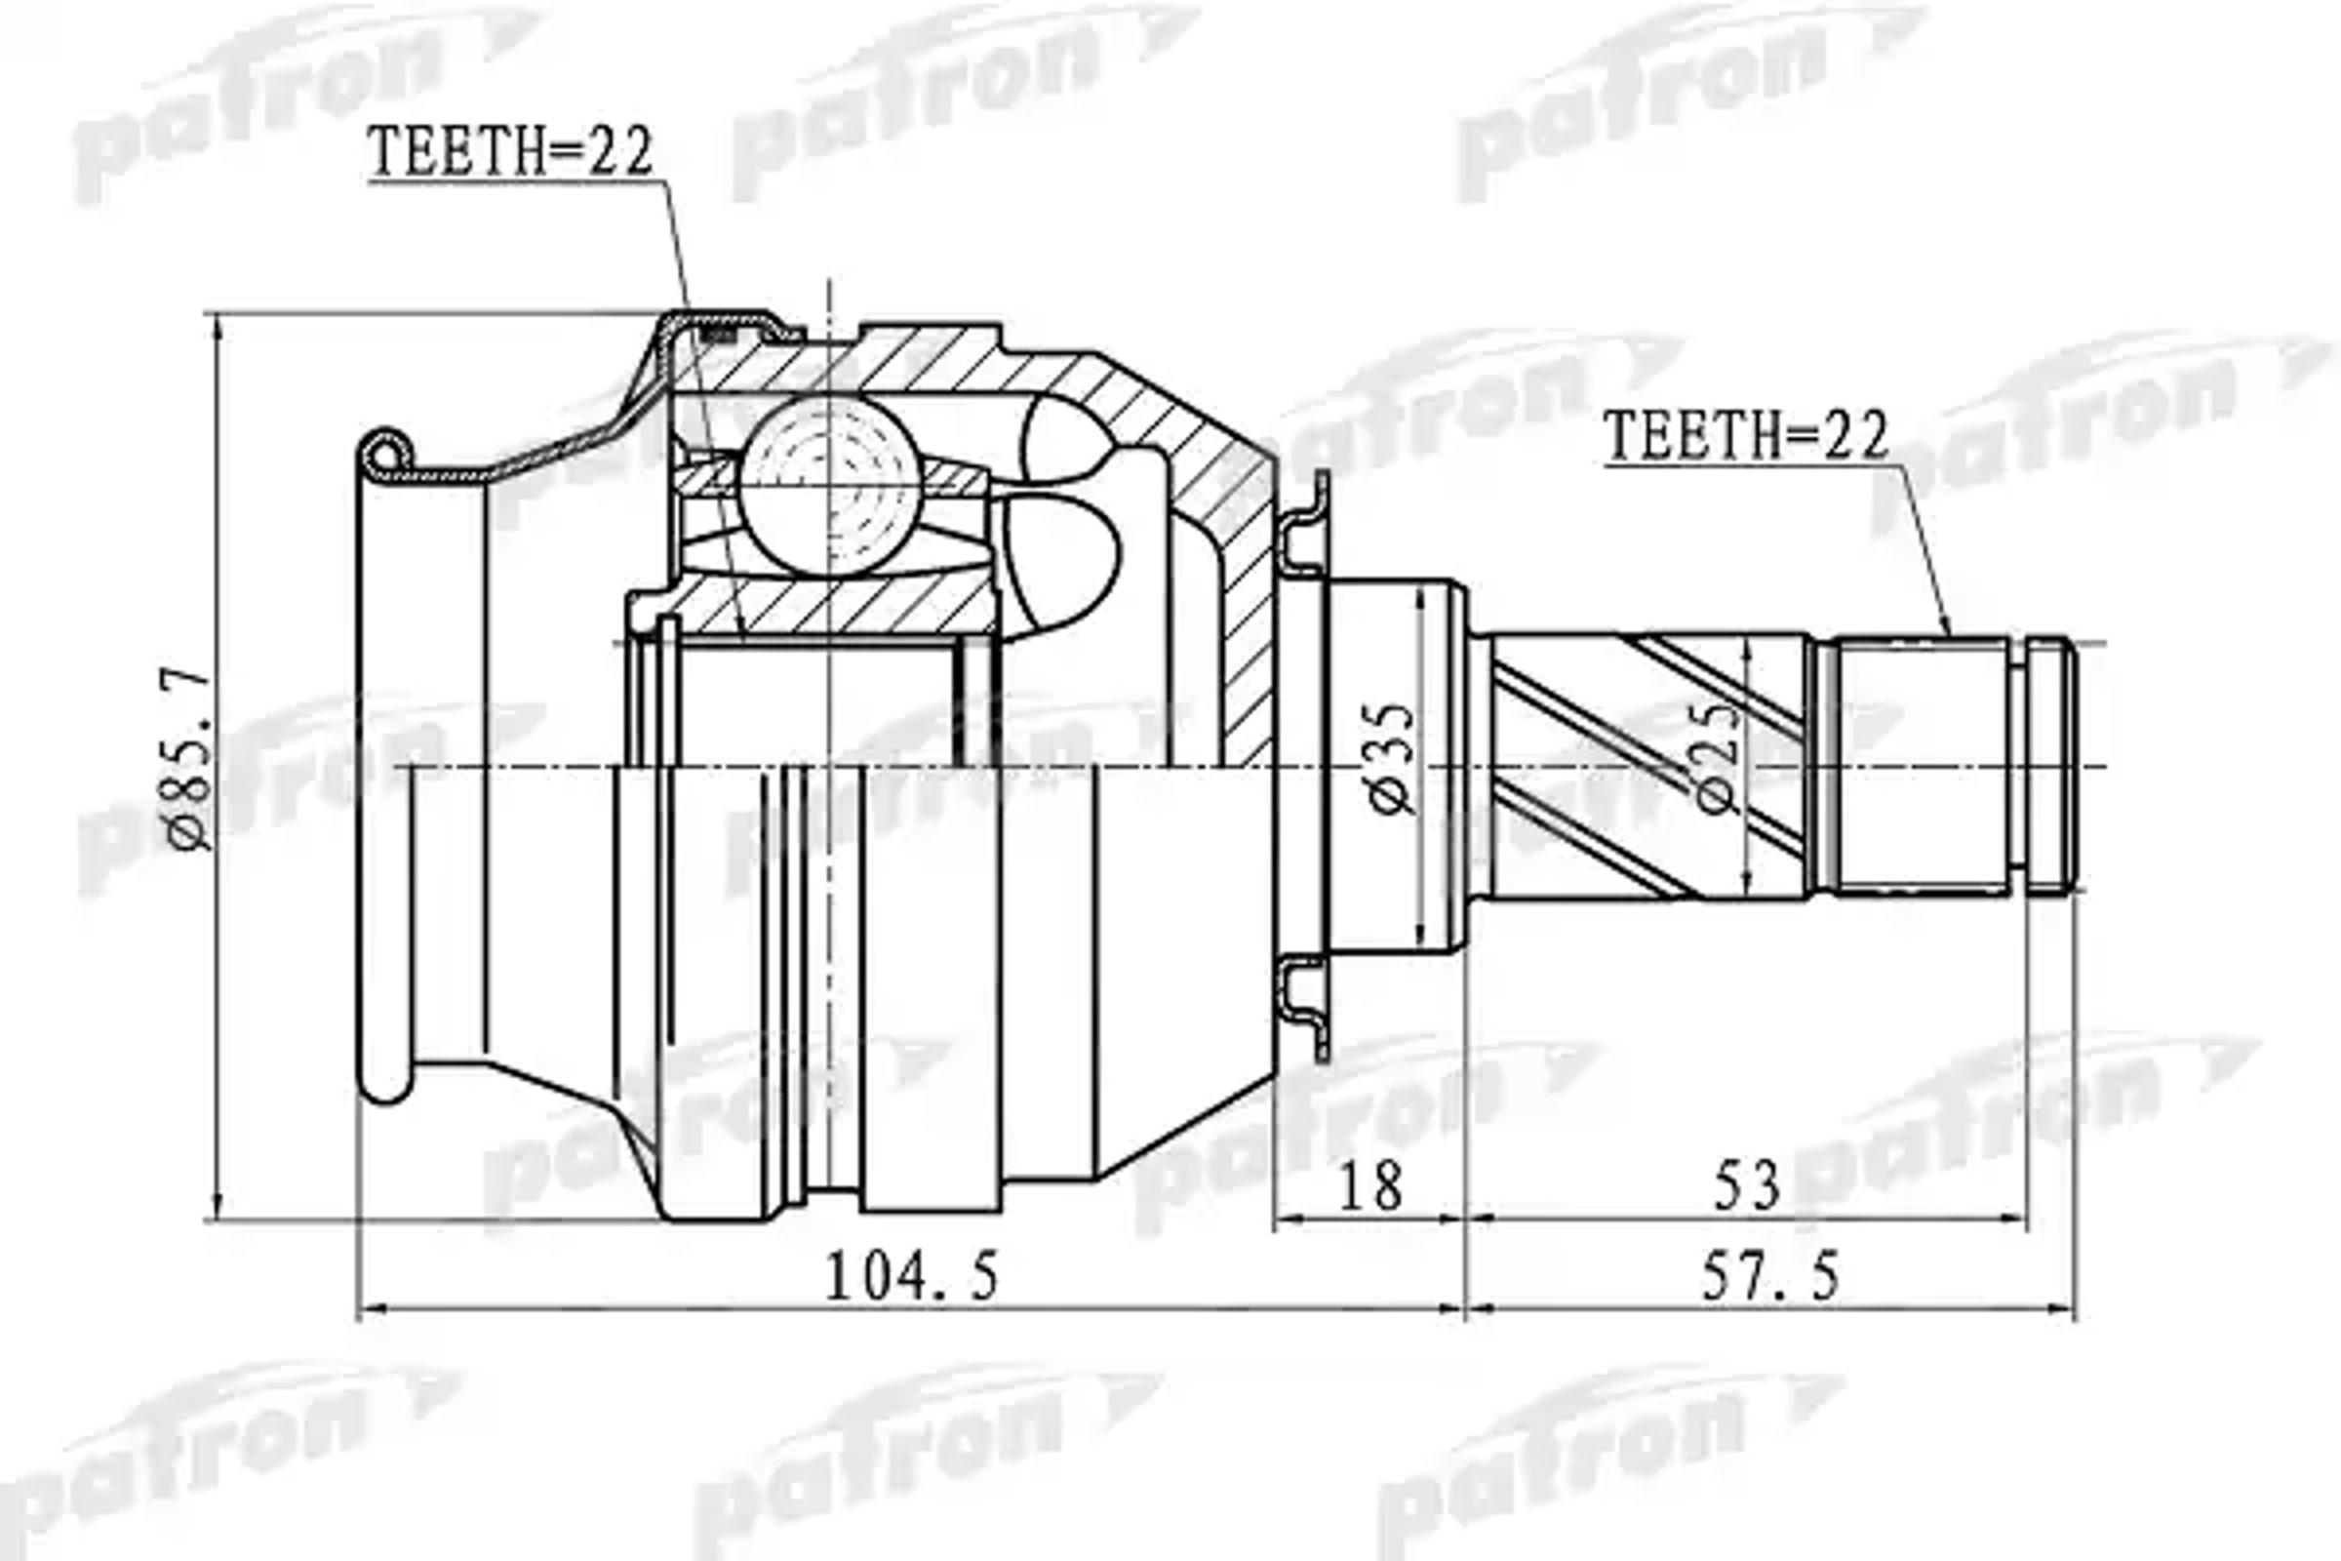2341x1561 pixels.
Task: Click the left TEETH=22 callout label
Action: (x=510, y=152)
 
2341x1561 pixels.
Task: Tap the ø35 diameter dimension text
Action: (x=1392, y=759)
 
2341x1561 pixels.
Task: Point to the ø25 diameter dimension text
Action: (x=1719, y=759)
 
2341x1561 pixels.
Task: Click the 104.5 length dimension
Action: (x=911, y=1277)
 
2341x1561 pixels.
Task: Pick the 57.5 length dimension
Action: (x=1770, y=1277)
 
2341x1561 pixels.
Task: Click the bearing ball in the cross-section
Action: (x=825, y=486)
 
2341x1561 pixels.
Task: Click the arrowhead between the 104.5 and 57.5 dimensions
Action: (x=1466, y=1310)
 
